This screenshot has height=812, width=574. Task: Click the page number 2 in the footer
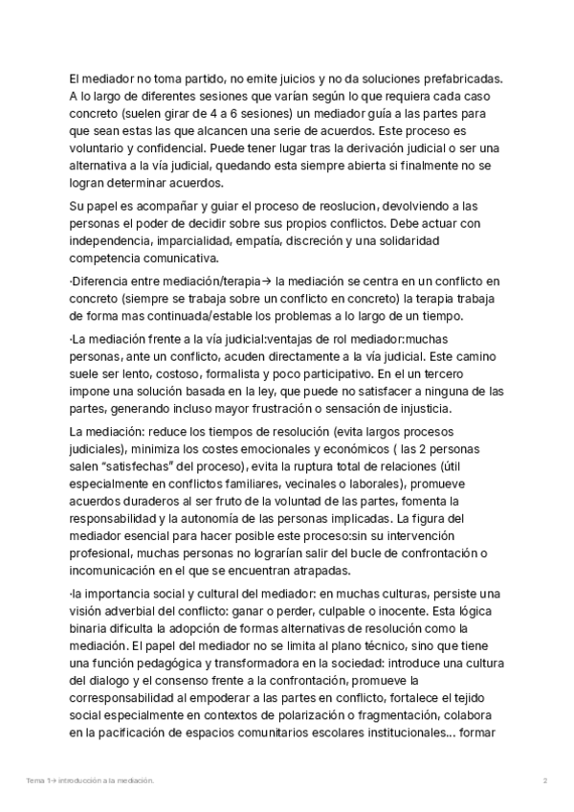pos(544,781)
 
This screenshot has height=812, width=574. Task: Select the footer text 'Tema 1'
pos(38,781)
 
